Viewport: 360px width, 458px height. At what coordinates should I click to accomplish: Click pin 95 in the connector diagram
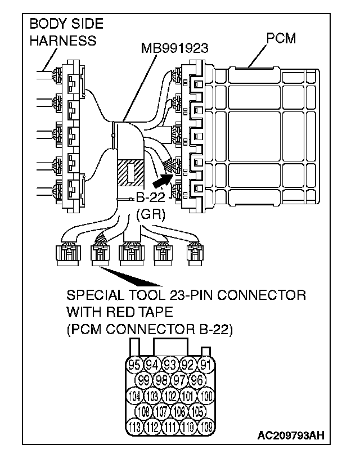pos(134,365)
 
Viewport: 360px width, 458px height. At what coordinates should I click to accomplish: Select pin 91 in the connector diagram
pos(206,365)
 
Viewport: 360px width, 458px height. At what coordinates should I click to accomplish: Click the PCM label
pos(281,39)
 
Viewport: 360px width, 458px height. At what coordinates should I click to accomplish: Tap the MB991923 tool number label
pos(175,48)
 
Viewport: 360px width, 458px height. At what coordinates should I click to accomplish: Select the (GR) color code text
pos(147,214)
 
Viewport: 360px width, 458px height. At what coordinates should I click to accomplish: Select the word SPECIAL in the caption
pos(93,295)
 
